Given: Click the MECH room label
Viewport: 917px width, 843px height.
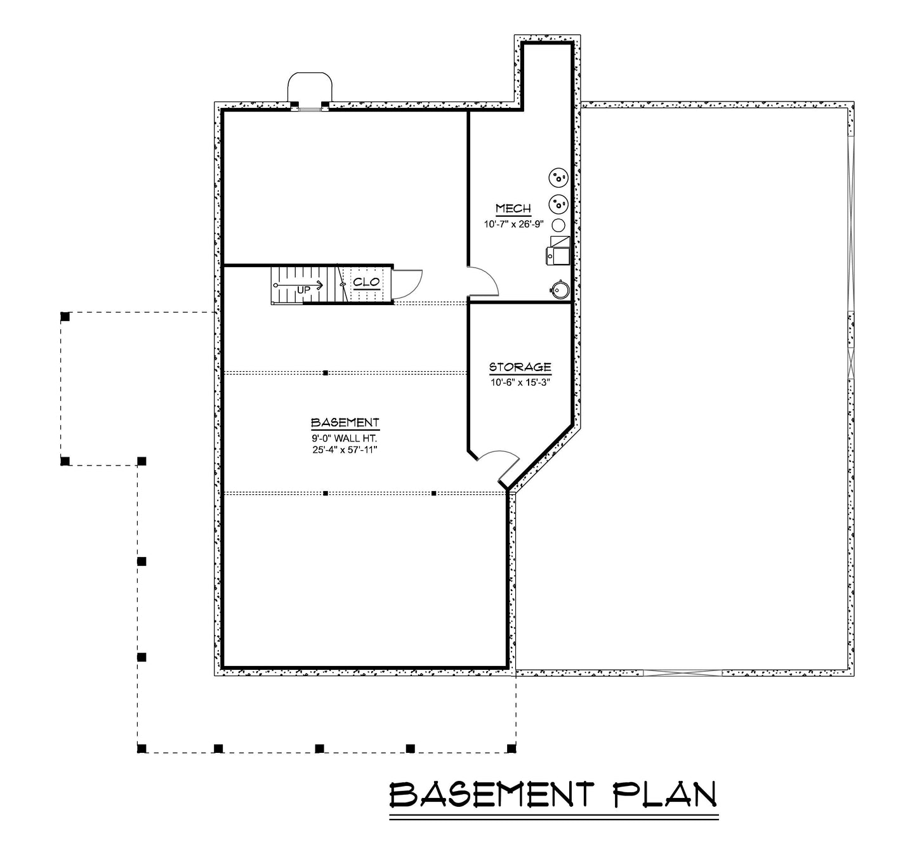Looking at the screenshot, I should [513, 209].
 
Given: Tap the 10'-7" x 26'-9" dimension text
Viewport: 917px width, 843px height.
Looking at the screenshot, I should [513, 224].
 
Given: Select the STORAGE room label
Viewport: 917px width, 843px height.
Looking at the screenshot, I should [520, 367].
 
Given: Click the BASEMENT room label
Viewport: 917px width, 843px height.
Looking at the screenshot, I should [345, 422].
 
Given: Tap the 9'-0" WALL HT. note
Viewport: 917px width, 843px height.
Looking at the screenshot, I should [345, 438].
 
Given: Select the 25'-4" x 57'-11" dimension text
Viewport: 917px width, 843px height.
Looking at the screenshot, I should [345, 450].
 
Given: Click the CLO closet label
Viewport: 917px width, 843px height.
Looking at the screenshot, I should [366, 282].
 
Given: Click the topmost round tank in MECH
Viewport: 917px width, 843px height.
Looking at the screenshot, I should [558, 178].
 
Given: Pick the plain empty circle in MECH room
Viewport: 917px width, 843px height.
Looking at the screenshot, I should [558, 225].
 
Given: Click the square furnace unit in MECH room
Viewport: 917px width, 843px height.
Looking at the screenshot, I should [558, 250].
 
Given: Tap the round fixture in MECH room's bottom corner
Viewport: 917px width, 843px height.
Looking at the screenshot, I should [559, 289].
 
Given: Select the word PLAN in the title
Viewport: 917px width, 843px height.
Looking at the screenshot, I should [666, 794].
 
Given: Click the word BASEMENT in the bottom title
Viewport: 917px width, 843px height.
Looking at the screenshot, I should [492, 794].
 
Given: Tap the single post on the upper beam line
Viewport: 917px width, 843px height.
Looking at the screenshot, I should [326, 373].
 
